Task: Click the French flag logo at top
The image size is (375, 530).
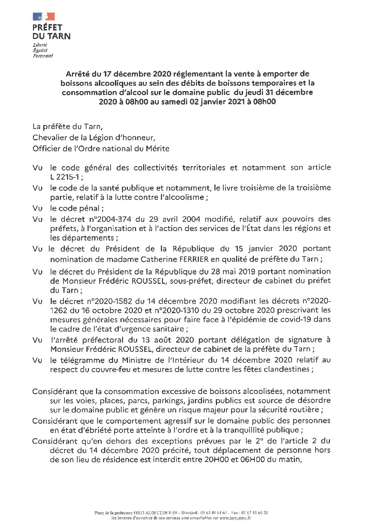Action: point(44,16)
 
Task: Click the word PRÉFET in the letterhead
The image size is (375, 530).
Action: point(47,27)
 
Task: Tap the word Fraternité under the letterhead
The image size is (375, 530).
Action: point(43,56)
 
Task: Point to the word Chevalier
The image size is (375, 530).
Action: point(49,137)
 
